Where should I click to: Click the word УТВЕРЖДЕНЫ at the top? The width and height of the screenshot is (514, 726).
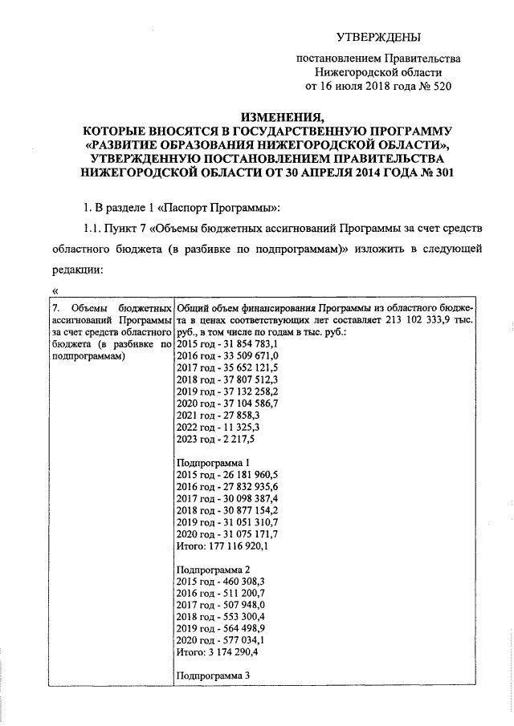[377, 37]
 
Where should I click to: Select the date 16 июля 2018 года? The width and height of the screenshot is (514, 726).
[357, 86]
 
